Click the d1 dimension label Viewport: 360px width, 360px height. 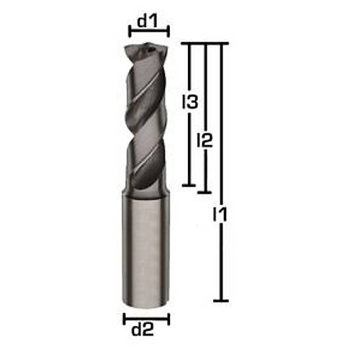[x=148, y=21]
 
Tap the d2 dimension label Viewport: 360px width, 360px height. [x=143, y=330]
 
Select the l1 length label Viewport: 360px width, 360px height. [x=220, y=215]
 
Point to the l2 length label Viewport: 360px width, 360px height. [x=204, y=140]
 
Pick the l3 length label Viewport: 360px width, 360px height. [x=189, y=102]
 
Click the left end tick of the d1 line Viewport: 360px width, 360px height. [x=130, y=31]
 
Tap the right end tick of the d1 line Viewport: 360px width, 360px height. [x=168, y=31]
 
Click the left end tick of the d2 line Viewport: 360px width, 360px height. [x=125, y=319]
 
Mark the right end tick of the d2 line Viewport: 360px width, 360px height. [x=168, y=319]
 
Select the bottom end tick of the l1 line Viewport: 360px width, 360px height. [x=221, y=300]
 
